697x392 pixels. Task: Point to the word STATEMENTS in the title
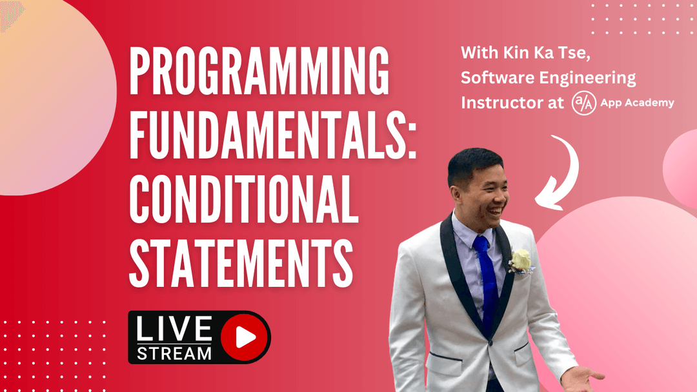coord(241,258)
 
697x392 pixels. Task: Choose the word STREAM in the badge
coord(174,353)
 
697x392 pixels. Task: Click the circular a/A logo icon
coord(583,103)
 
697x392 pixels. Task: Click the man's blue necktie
coord(487,277)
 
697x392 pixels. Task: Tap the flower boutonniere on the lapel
coord(520,261)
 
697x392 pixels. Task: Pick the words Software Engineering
coord(548,79)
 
